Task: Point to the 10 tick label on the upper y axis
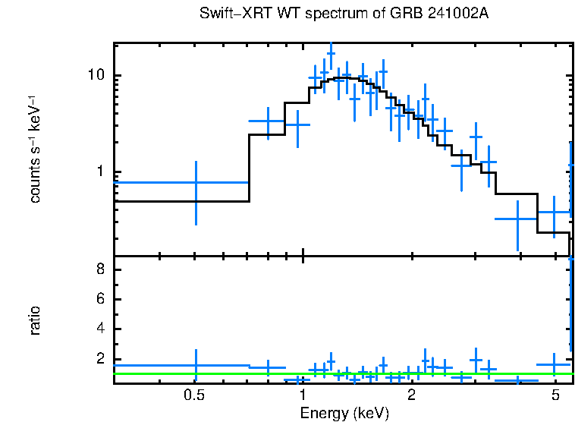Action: click(96, 76)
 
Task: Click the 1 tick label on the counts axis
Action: click(99, 172)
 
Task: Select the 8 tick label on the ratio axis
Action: click(99, 270)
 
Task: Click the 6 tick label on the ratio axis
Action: click(99, 300)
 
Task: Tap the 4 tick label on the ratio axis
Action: click(99, 329)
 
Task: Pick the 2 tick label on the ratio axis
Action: click(99, 359)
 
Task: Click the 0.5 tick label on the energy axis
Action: click(195, 395)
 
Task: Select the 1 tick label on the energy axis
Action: click(303, 395)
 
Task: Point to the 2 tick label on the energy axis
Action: click(411, 395)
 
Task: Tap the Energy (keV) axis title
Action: click(344, 413)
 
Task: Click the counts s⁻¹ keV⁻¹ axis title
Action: click(35, 149)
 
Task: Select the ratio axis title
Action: click(35, 320)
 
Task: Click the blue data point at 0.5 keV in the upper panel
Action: click(196, 182)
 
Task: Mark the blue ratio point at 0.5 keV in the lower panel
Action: click(196, 365)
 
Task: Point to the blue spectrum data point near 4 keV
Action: click(517, 219)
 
